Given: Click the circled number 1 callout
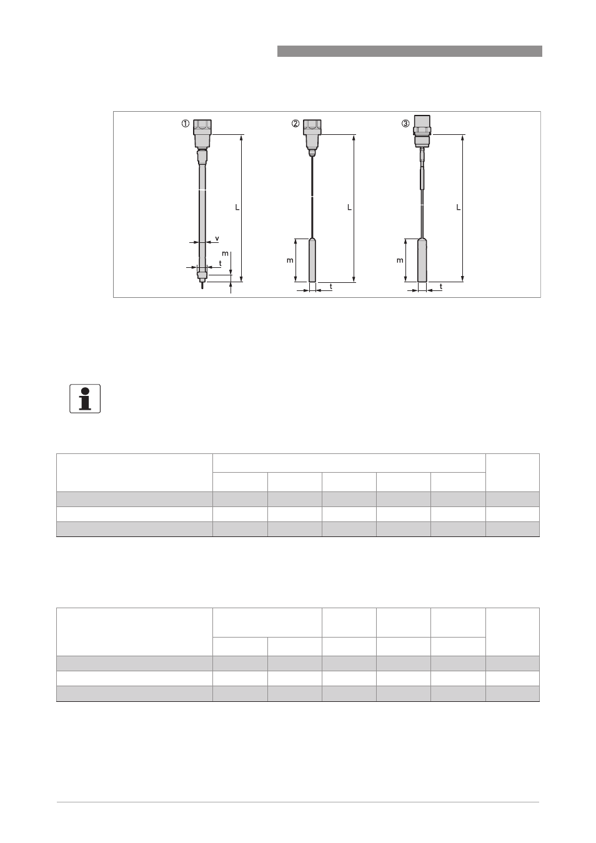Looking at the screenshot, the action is [186, 124].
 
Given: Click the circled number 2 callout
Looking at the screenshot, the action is [296, 124].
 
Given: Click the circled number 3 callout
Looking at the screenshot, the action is [405, 124].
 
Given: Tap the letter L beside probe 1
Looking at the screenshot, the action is [237, 207].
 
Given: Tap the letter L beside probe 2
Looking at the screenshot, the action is [349, 207].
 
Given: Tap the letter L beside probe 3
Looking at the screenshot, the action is [458, 207].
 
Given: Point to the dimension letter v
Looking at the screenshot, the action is [217, 239].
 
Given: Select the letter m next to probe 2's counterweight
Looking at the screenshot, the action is [290, 260].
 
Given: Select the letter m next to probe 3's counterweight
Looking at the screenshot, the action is [400, 260].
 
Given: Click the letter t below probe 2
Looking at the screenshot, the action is [331, 287].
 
